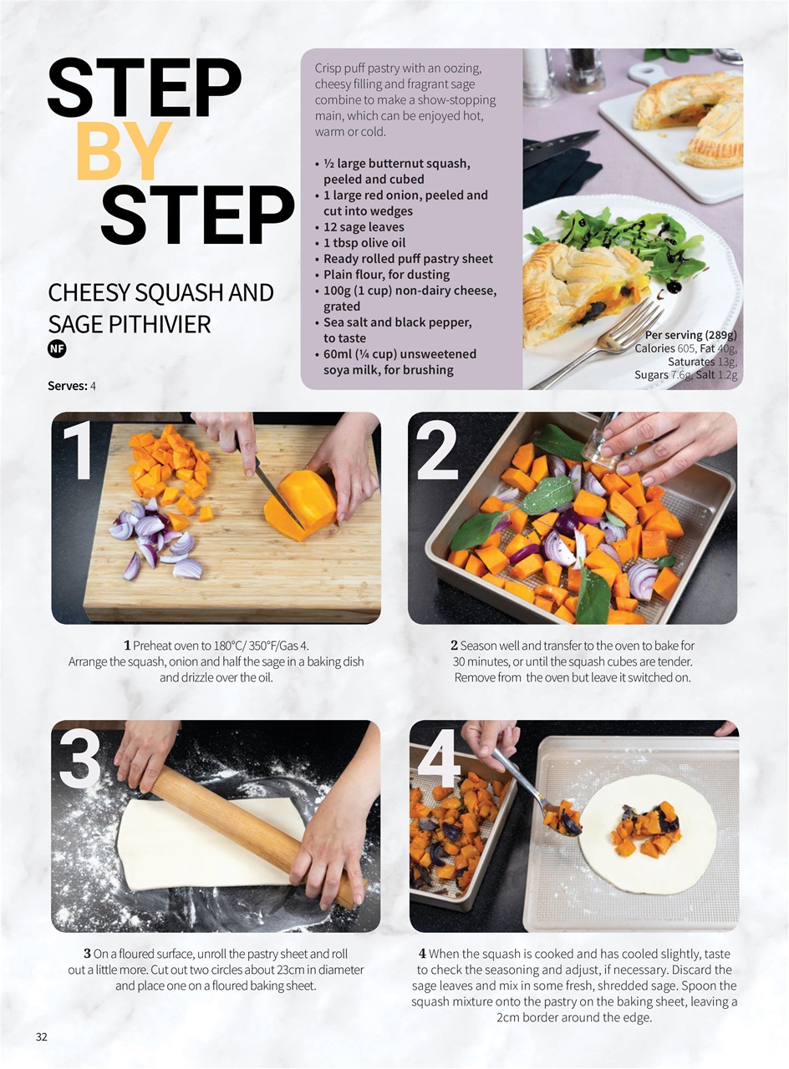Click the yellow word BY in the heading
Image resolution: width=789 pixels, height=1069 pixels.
pos(124,152)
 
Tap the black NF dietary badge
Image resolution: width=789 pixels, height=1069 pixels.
pos(57,350)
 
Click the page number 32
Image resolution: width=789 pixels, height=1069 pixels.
pos(42,1037)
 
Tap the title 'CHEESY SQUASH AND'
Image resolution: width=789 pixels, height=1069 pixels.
pos(160,293)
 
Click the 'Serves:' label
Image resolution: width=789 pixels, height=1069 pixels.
pos(67,387)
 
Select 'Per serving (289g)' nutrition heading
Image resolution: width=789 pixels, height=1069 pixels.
pos(691,335)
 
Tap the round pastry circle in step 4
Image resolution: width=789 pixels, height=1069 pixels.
pos(647,834)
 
